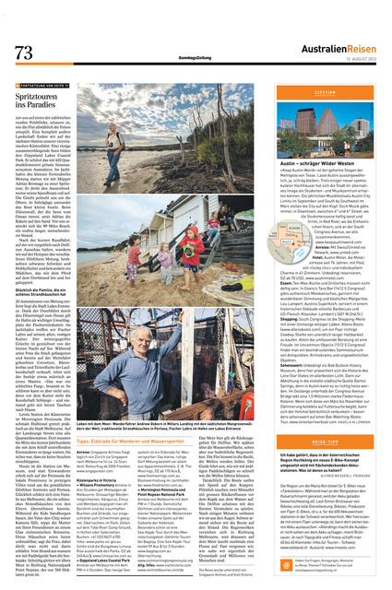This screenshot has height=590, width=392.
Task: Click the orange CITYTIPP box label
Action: coord(326,93)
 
